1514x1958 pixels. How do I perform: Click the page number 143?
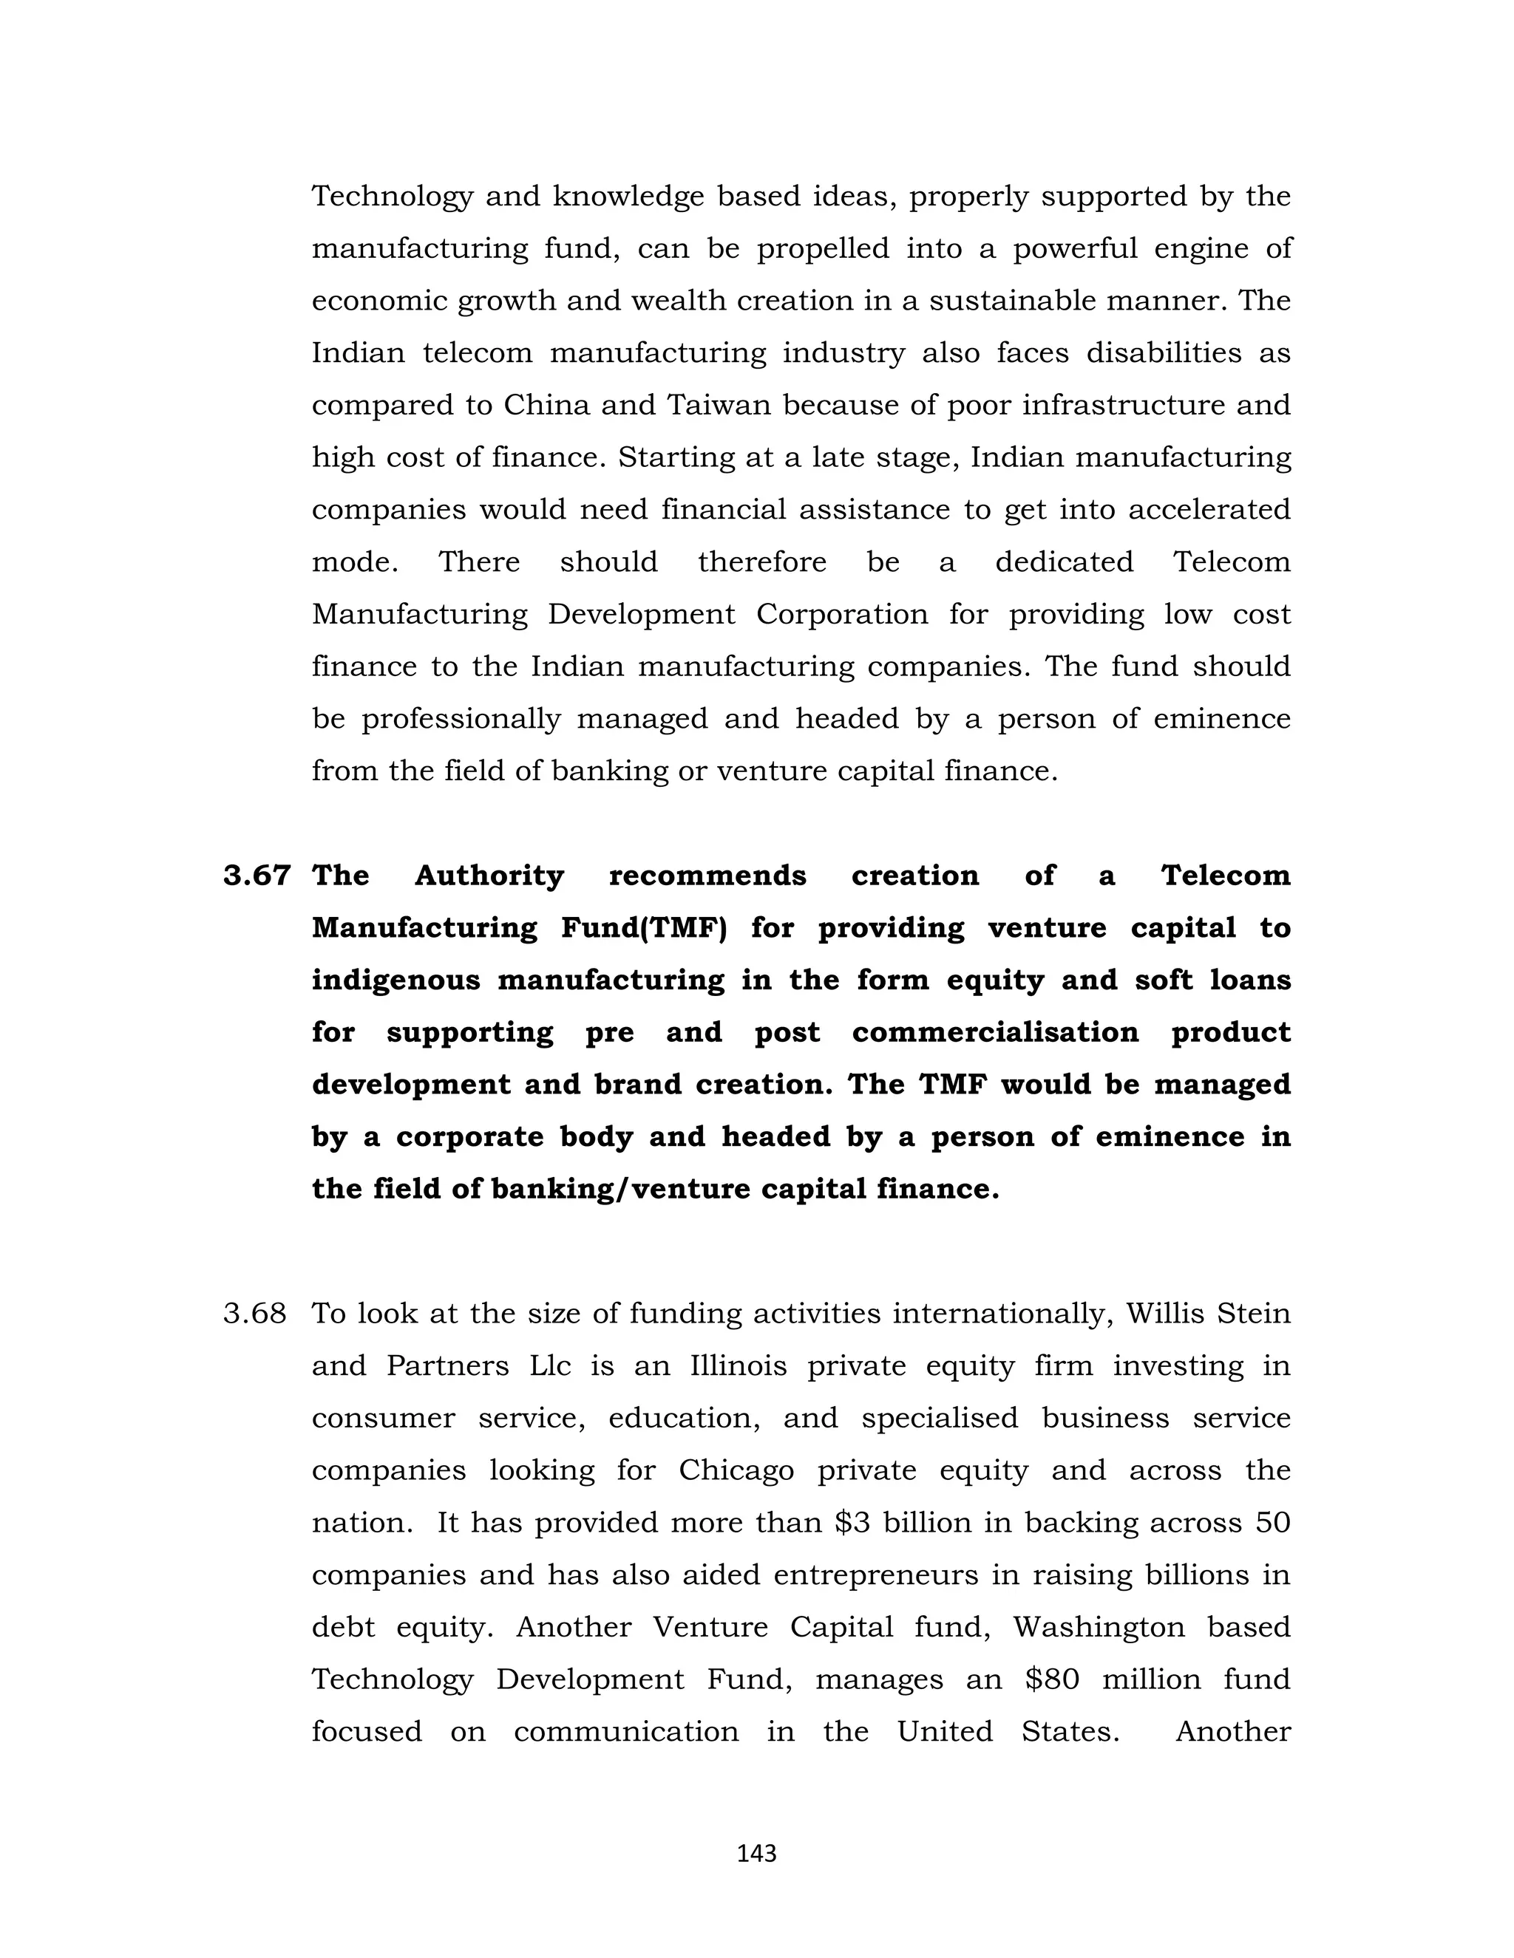pyautogui.click(x=756, y=1853)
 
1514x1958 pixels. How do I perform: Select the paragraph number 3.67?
pyautogui.click(x=257, y=875)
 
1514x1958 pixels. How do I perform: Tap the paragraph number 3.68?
pyautogui.click(x=255, y=1314)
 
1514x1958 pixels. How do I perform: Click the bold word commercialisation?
pyautogui.click(x=995, y=1033)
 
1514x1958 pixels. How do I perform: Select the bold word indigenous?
pyautogui.click(x=396, y=980)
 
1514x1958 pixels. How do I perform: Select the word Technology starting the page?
pyautogui.click(x=392, y=197)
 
